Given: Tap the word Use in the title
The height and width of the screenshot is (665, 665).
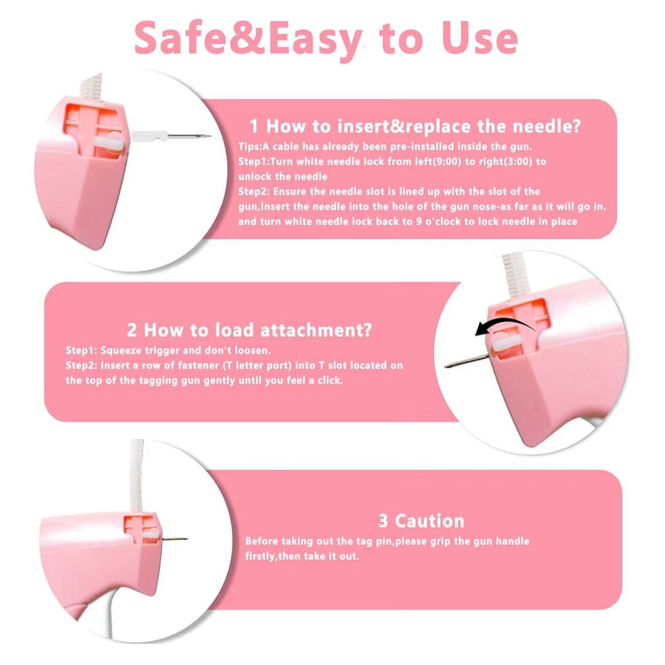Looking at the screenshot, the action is point(480,38).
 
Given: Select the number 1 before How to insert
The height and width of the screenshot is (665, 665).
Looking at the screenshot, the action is point(254,126).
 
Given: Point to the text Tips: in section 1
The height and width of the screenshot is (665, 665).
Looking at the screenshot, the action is point(250,147).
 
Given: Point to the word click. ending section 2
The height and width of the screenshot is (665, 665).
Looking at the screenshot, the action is point(330,381).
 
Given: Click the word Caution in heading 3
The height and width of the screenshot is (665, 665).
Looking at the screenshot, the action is point(429,521).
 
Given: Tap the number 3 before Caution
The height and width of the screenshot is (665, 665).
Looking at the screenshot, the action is point(383,521).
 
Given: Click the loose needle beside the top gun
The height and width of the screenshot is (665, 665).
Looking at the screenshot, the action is point(171,136).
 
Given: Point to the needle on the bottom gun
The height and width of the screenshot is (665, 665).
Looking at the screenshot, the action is point(174,539).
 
